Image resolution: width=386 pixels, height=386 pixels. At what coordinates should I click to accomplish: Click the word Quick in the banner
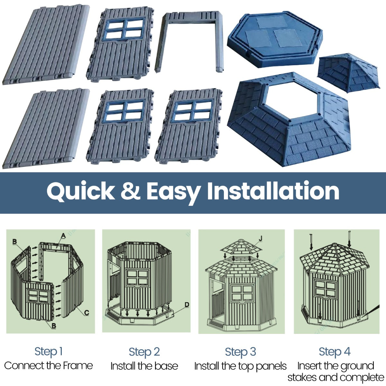[80, 192]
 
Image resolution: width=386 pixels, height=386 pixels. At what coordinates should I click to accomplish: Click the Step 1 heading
[48, 352]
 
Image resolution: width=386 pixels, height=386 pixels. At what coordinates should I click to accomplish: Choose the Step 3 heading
[240, 352]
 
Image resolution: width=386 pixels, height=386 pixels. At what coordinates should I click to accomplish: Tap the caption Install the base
[144, 366]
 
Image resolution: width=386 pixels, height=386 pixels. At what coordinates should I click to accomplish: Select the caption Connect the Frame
[48, 366]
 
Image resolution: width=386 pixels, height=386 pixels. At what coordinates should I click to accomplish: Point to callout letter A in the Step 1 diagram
[63, 236]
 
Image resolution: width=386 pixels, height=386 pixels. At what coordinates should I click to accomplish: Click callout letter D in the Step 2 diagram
[187, 305]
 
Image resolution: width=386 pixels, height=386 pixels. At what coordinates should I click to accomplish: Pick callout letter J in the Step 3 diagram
[260, 238]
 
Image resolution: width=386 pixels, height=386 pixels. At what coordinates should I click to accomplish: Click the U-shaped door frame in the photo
[189, 39]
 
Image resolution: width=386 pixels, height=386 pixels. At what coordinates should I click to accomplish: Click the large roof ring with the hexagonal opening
[289, 122]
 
